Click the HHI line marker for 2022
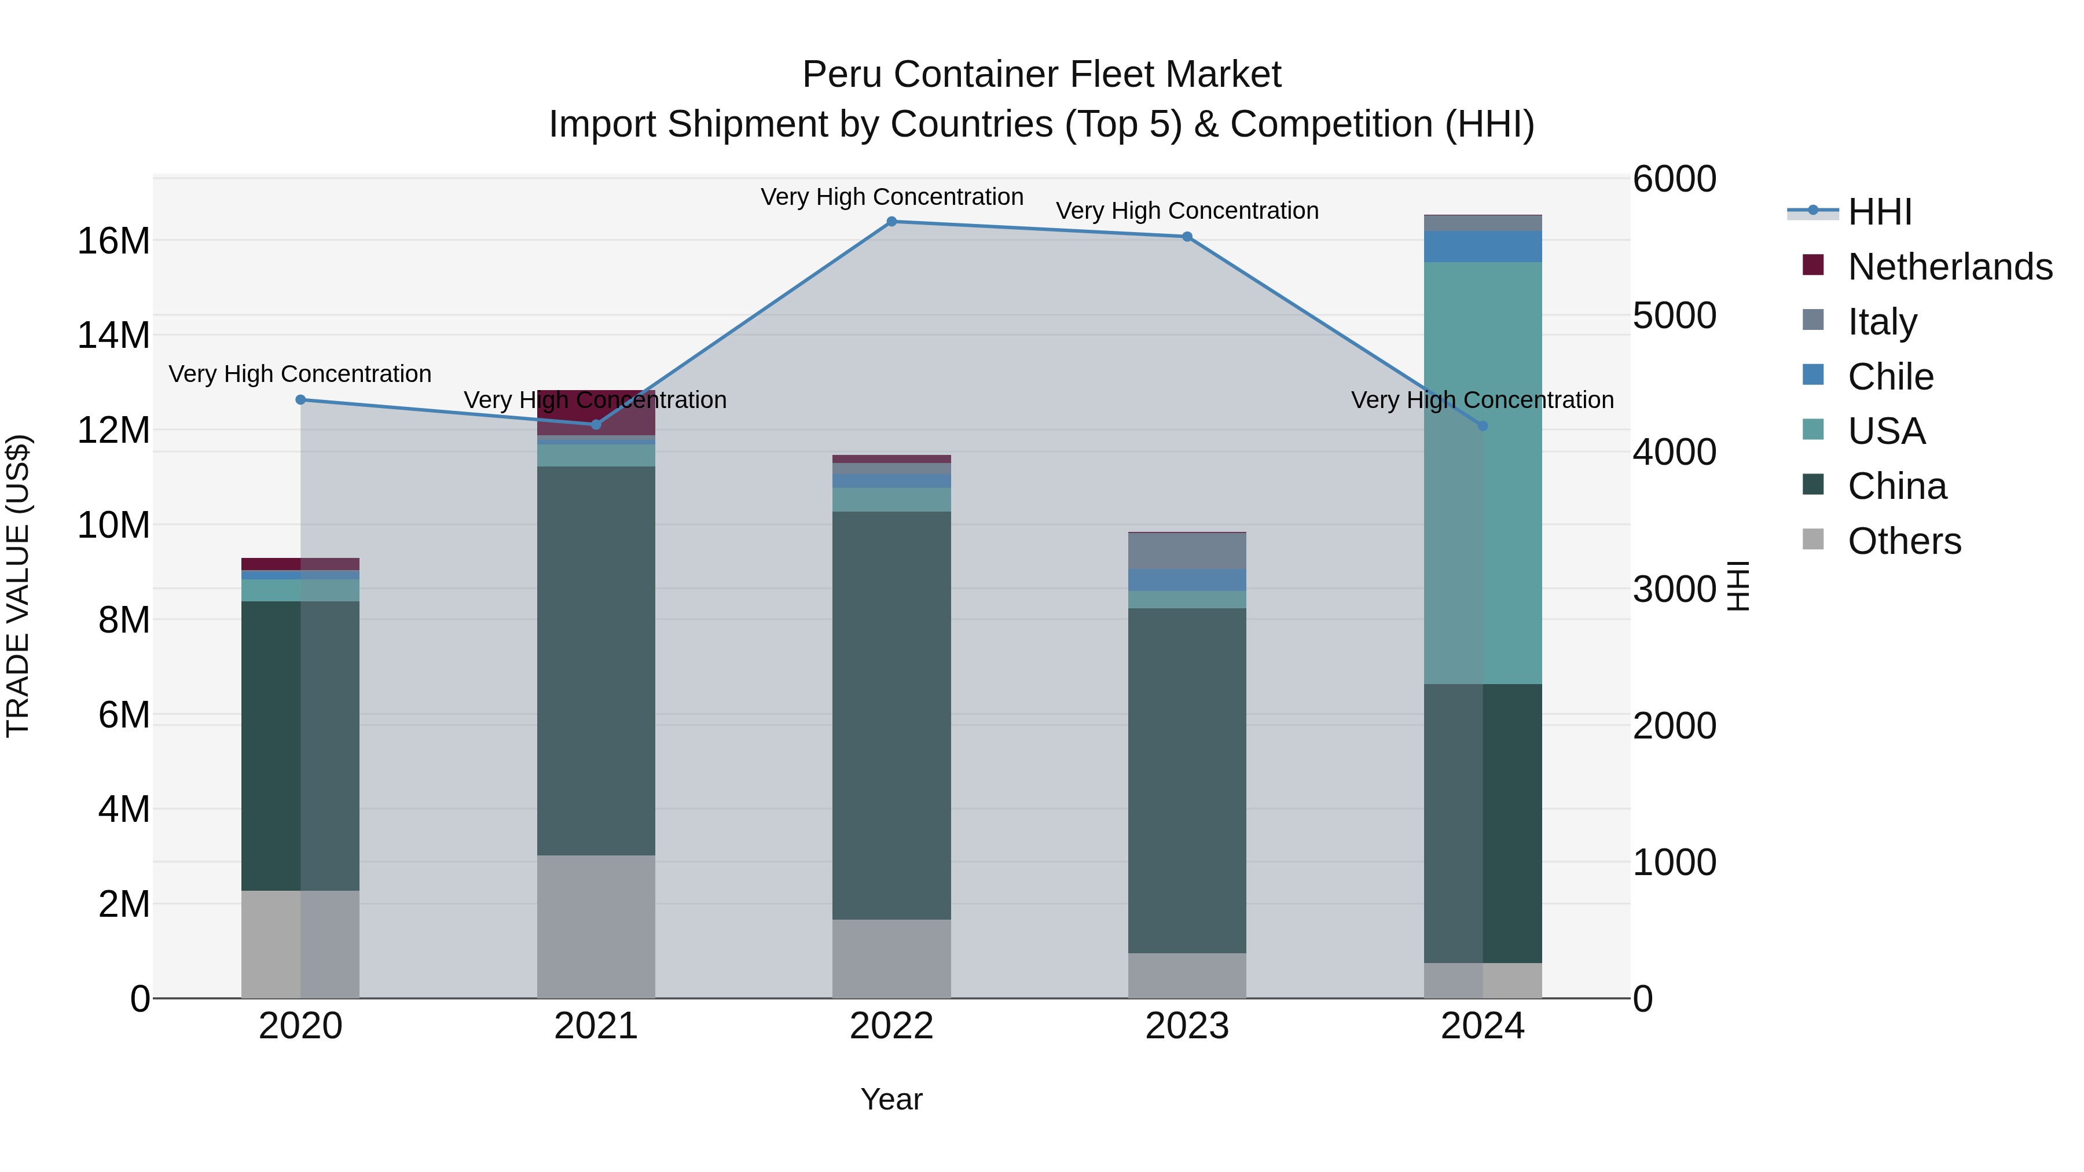coord(891,222)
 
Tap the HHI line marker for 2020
coord(301,399)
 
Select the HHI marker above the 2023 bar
coord(1187,237)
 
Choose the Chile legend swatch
coord(1813,375)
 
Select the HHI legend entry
coord(1879,212)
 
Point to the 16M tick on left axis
coord(113,241)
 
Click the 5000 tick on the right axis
coord(1674,315)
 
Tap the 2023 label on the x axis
coord(1187,1026)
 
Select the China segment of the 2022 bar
coord(891,716)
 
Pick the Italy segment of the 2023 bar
coord(1187,551)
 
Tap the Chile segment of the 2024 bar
coord(1483,247)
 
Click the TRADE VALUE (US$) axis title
coord(18,586)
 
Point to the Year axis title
coord(891,1099)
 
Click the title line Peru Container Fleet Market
coord(1041,75)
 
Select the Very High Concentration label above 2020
coord(300,374)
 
